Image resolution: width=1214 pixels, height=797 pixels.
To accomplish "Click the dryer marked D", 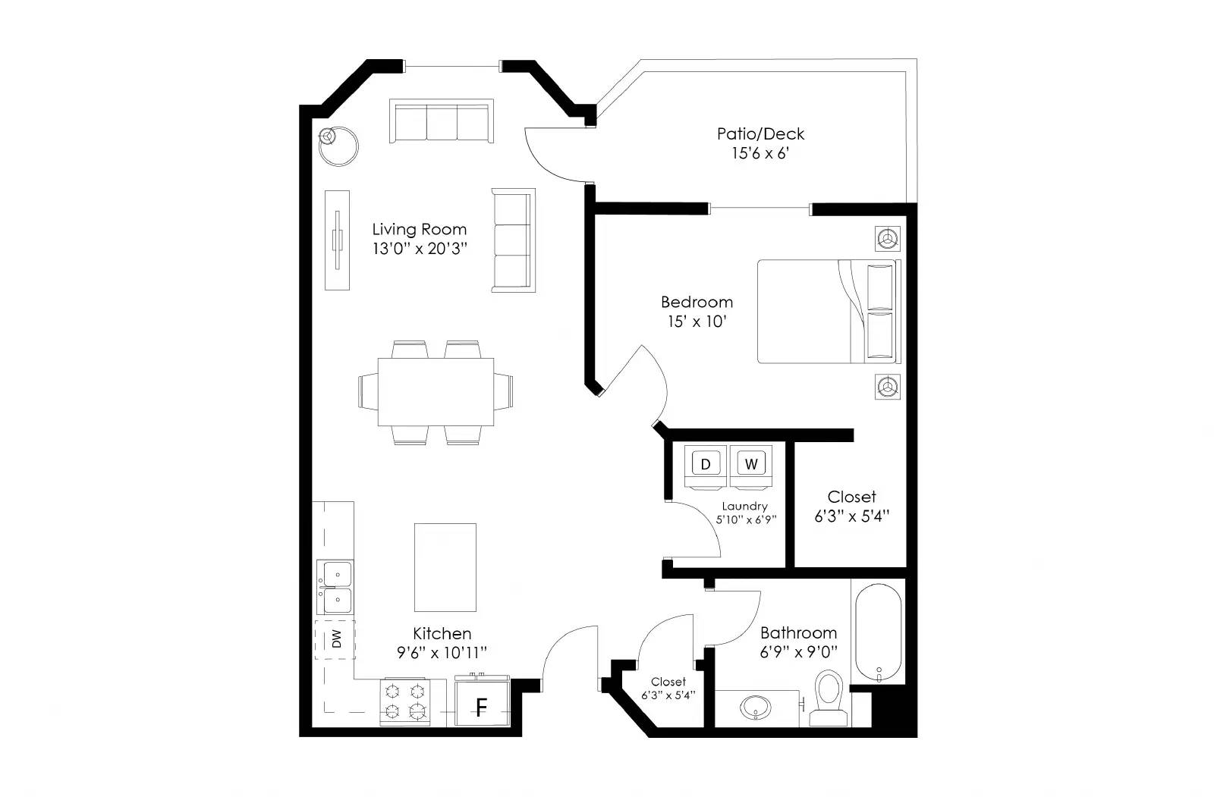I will [x=706, y=465].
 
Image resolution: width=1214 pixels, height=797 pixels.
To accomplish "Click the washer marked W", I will [x=751, y=465].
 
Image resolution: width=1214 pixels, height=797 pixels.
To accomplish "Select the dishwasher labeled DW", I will [x=335, y=639].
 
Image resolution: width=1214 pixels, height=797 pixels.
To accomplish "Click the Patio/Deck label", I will [x=760, y=134].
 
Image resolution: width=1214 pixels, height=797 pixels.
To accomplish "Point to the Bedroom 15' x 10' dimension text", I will [x=697, y=322].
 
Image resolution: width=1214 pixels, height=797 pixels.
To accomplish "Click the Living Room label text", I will [x=419, y=229].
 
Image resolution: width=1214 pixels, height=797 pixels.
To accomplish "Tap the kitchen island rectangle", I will [x=445, y=567].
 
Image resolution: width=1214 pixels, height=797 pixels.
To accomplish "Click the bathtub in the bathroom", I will [x=879, y=632].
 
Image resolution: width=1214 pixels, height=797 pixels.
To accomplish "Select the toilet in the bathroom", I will [x=827, y=696].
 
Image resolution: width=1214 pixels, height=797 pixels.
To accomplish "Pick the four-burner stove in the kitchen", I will [x=404, y=701].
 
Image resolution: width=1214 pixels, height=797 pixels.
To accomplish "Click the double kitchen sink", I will [x=335, y=588].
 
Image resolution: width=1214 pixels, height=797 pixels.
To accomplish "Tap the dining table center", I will [x=436, y=392].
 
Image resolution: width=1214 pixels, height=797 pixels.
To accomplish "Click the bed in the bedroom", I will [x=827, y=312].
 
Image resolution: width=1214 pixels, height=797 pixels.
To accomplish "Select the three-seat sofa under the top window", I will [x=442, y=121].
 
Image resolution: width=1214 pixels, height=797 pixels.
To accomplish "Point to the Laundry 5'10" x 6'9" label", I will [x=745, y=513].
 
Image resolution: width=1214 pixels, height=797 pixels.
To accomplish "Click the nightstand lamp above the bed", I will [x=886, y=239].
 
